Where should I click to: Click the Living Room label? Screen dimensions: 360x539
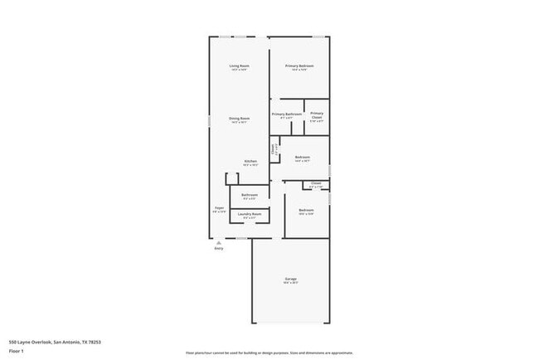[x=240, y=66]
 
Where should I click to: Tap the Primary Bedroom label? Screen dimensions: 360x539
[x=300, y=66]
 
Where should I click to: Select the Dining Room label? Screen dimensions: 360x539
[x=240, y=119]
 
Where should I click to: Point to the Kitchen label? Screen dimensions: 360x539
[x=250, y=162]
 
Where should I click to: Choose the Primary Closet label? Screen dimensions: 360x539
[x=317, y=114]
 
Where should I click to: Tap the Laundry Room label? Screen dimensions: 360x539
[x=250, y=214]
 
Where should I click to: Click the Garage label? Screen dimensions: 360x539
[x=291, y=280]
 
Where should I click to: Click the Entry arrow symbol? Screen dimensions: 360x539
[x=218, y=242]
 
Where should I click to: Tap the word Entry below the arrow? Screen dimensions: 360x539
[x=219, y=249]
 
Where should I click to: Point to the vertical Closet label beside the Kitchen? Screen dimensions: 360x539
[x=274, y=150]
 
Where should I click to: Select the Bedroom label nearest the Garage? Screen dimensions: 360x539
[x=306, y=211]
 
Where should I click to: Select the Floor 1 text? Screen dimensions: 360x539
[x=17, y=351]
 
